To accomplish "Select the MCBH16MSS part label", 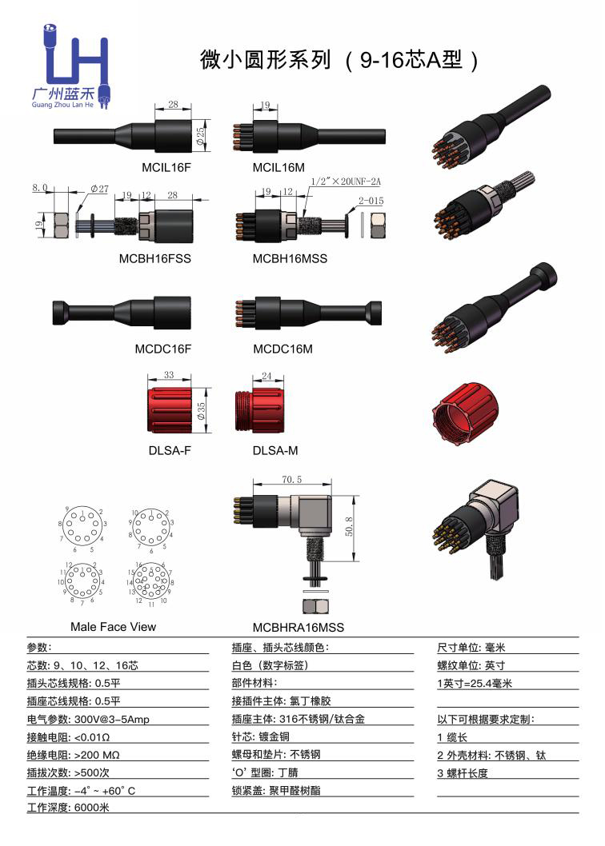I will point(290,259).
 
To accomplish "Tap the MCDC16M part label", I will point(282,349).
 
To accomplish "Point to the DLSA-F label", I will point(170,450).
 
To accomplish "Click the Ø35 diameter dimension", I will point(202,411).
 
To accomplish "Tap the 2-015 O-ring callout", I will point(371,201).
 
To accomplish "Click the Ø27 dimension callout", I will point(100,189).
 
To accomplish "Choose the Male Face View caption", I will point(113,626).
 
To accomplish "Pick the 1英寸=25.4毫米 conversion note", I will point(474,684).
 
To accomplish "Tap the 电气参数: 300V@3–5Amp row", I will point(88,719).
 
